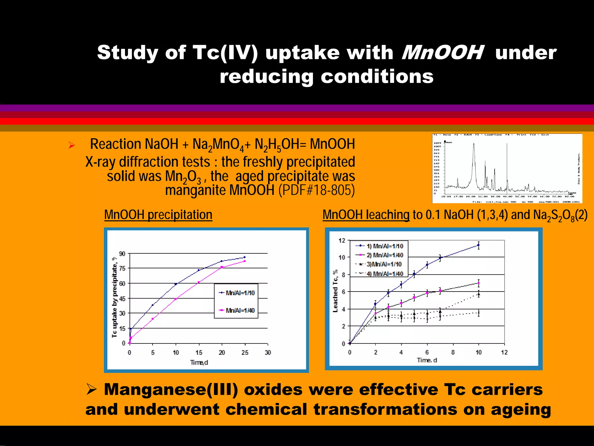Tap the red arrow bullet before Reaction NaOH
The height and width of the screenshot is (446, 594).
pyautogui.click(x=72, y=145)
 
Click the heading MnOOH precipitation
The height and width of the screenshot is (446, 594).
pyautogui.click(x=158, y=215)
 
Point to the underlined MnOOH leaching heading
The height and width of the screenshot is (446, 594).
pyautogui.click(x=366, y=215)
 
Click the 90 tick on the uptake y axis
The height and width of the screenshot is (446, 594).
pyautogui.click(x=122, y=254)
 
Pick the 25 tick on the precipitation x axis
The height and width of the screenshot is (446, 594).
pyautogui.click(x=245, y=353)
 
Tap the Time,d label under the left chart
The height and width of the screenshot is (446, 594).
pyautogui.click(x=199, y=362)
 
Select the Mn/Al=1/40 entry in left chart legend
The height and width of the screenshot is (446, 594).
pyautogui.click(x=240, y=310)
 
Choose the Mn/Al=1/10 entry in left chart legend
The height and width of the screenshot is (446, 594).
pyautogui.click(x=240, y=293)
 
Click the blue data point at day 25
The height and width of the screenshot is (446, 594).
pyautogui.click(x=245, y=257)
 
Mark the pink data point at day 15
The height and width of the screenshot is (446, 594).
pyautogui.click(x=199, y=282)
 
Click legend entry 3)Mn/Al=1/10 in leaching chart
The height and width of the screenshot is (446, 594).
pyautogui.click(x=384, y=264)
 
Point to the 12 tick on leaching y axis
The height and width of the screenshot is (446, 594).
pyautogui.click(x=342, y=240)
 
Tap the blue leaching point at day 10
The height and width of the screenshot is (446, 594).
pyautogui.click(x=479, y=245)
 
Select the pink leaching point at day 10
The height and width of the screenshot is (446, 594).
pyautogui.click(x=479, y=283)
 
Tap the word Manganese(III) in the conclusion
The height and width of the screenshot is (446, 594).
pyautogui.click(x=171, y=390)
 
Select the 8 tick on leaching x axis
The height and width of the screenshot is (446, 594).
pyautogui.click(x=453, y=352)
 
